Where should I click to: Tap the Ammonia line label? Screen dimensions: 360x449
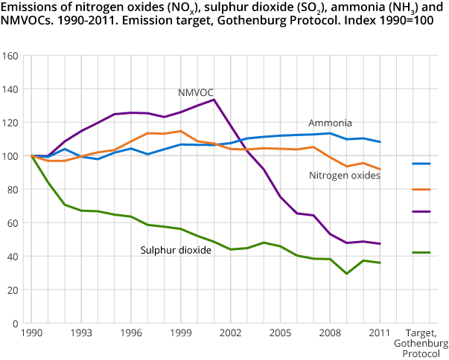[330, 123]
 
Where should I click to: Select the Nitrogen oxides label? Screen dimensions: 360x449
[345, 176]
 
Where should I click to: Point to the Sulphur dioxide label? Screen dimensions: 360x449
[176, 250]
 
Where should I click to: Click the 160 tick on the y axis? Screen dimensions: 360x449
[10, 56]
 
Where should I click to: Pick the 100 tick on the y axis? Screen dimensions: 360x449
[10, 156]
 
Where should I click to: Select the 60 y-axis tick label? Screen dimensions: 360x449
[13, 223]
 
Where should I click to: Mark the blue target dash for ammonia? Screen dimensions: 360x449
[421, 163]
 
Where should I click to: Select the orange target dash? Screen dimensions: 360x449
[421, 189]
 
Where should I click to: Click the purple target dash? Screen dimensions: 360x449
[421, 211]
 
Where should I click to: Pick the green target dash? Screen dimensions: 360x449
[421, 253]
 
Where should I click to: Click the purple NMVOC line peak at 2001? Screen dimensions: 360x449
[214, 100]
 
